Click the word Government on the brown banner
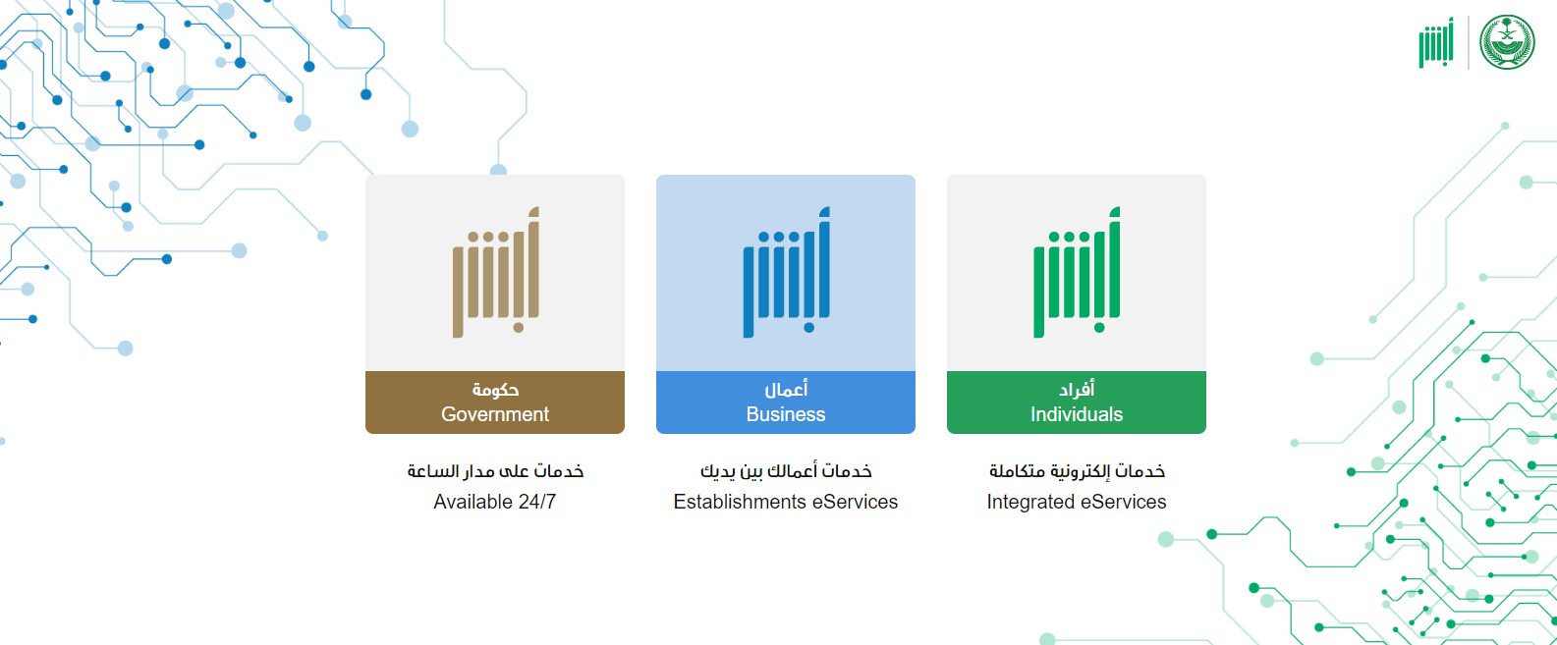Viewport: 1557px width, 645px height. pyautogui.click(x=495, y=414)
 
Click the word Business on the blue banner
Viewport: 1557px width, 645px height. pyautogui.click(x=786, y=414)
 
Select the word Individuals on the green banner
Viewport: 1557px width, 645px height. pyautogui.click(x=1076, y=414)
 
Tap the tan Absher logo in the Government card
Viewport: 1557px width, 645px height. pyautogui.click(x=496, y=272)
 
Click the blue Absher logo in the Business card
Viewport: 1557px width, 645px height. pyautogui.click(x=786, y=272)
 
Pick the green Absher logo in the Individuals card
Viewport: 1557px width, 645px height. pyautogui.click(x=1077, y=272)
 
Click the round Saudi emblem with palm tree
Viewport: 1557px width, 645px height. pyautogui.click(x=1507, y=42)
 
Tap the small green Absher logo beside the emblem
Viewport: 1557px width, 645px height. pyautogui.click(x=1436, y=43)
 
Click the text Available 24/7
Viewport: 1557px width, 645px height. pyautogui.click(x=495, y=502)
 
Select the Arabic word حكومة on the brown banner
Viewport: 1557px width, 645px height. pyautogui.click(x=496, y=390)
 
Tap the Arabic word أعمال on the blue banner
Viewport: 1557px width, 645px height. pyautogui.click(x=786, y=390)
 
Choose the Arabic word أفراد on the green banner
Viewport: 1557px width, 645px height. pyautogui.click(x=1077, y=390)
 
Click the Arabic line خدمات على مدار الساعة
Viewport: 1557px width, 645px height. pyautogui.click(x=495, y=471)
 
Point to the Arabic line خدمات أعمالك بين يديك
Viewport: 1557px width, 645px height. pyautogui.click(x=786, y=471)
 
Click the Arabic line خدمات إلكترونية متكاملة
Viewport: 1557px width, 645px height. pyautogui.click(x=1077, y=471)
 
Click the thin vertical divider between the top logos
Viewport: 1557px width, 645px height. pyautogui.click(x=1468, y=43)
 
